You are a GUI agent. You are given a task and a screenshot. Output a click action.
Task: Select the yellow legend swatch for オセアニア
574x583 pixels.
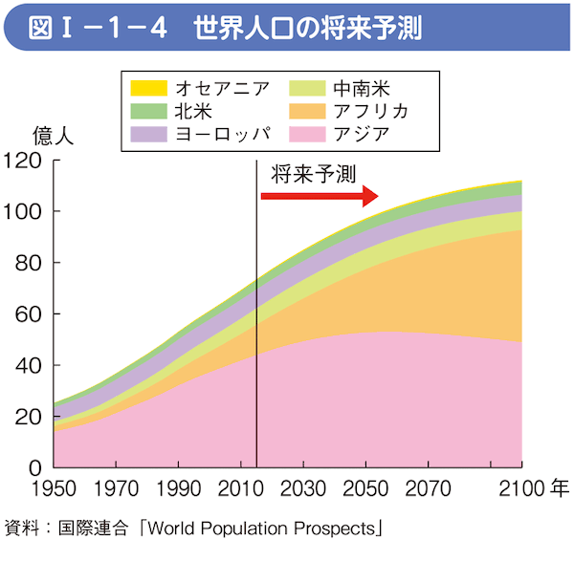coord(148,88)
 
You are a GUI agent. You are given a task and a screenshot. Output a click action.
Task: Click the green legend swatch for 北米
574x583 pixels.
coord(148,110)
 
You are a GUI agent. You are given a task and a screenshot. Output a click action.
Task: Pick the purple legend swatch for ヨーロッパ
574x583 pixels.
coord(148,133)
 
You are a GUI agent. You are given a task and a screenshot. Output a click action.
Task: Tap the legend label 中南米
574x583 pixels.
coord(361,88)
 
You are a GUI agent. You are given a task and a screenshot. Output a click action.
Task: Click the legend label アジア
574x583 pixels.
coord(361,133)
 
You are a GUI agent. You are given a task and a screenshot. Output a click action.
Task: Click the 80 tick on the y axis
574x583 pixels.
coord(30,263)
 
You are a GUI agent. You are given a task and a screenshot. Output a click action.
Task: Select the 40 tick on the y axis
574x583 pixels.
coord(30,365)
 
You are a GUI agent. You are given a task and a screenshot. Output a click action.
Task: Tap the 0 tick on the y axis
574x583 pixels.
coord(35,467)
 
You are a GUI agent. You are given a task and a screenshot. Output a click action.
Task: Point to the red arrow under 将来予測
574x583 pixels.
coord(320,196)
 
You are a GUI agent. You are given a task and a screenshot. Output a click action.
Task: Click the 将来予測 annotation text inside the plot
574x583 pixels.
coord(314,174)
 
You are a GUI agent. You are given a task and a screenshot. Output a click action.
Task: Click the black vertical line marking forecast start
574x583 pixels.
coord(258,315)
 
